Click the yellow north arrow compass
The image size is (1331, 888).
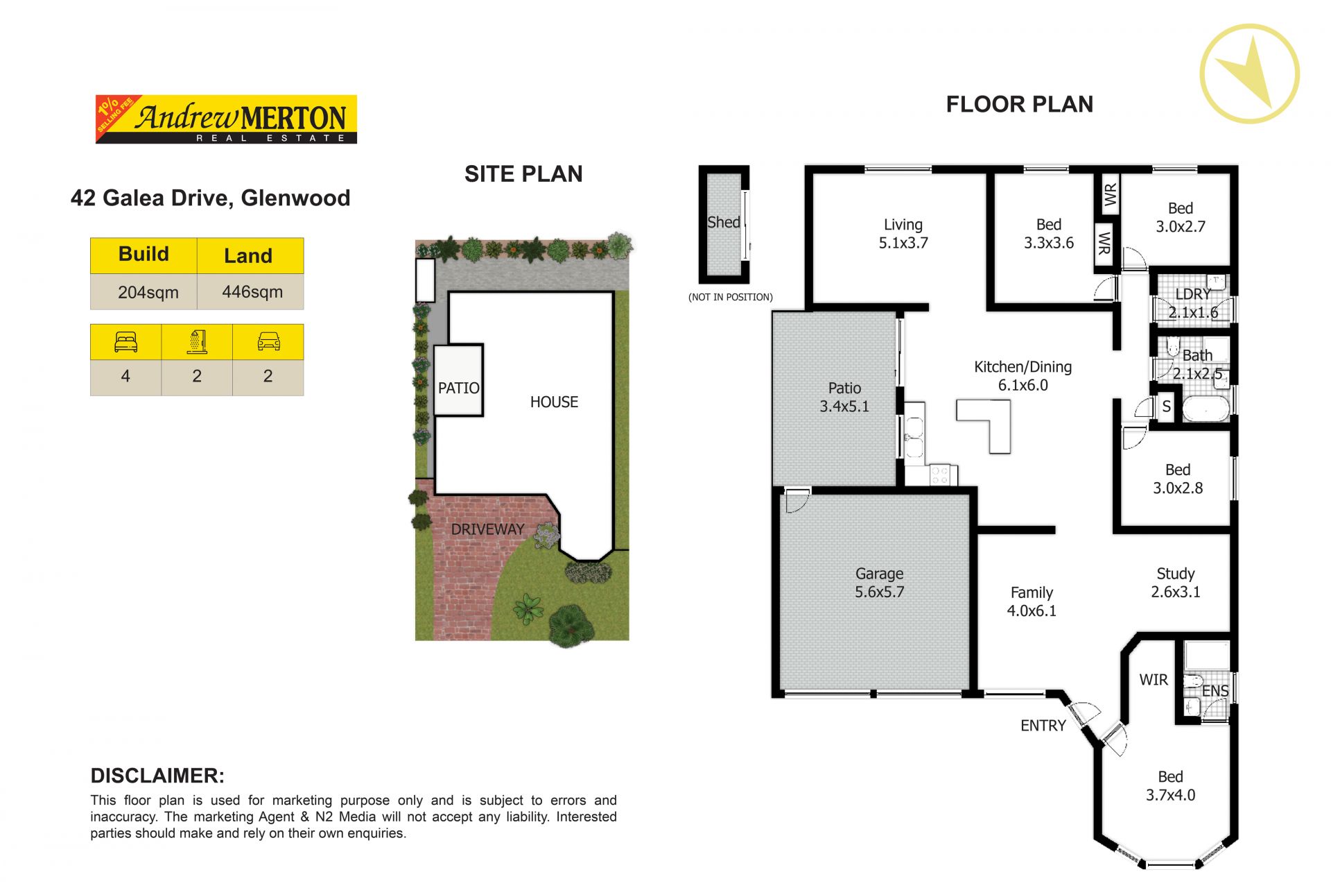point(1249,74)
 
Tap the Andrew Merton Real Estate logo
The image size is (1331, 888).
point(226,119)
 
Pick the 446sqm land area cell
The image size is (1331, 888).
point(251,292)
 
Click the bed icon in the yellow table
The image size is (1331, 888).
point(125,342)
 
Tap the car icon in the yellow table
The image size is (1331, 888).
point(268,342)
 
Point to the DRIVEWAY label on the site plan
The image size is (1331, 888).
point(487,529)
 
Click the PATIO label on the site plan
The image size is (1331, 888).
point(458,388)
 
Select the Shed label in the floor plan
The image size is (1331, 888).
point(724,223)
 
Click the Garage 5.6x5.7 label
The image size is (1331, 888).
point(879,583)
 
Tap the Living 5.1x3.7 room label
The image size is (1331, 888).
point(903,234)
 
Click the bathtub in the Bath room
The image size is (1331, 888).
point(1206,409)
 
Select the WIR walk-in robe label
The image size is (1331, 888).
point(1154,681)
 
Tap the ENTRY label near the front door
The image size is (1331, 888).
point(1043,726)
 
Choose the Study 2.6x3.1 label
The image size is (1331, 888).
point(1176,583)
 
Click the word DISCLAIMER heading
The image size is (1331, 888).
point(157,776)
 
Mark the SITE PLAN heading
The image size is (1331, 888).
point(523,174)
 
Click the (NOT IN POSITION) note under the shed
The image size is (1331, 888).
point(731,297)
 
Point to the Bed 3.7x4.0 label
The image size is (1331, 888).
point(1170,786)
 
